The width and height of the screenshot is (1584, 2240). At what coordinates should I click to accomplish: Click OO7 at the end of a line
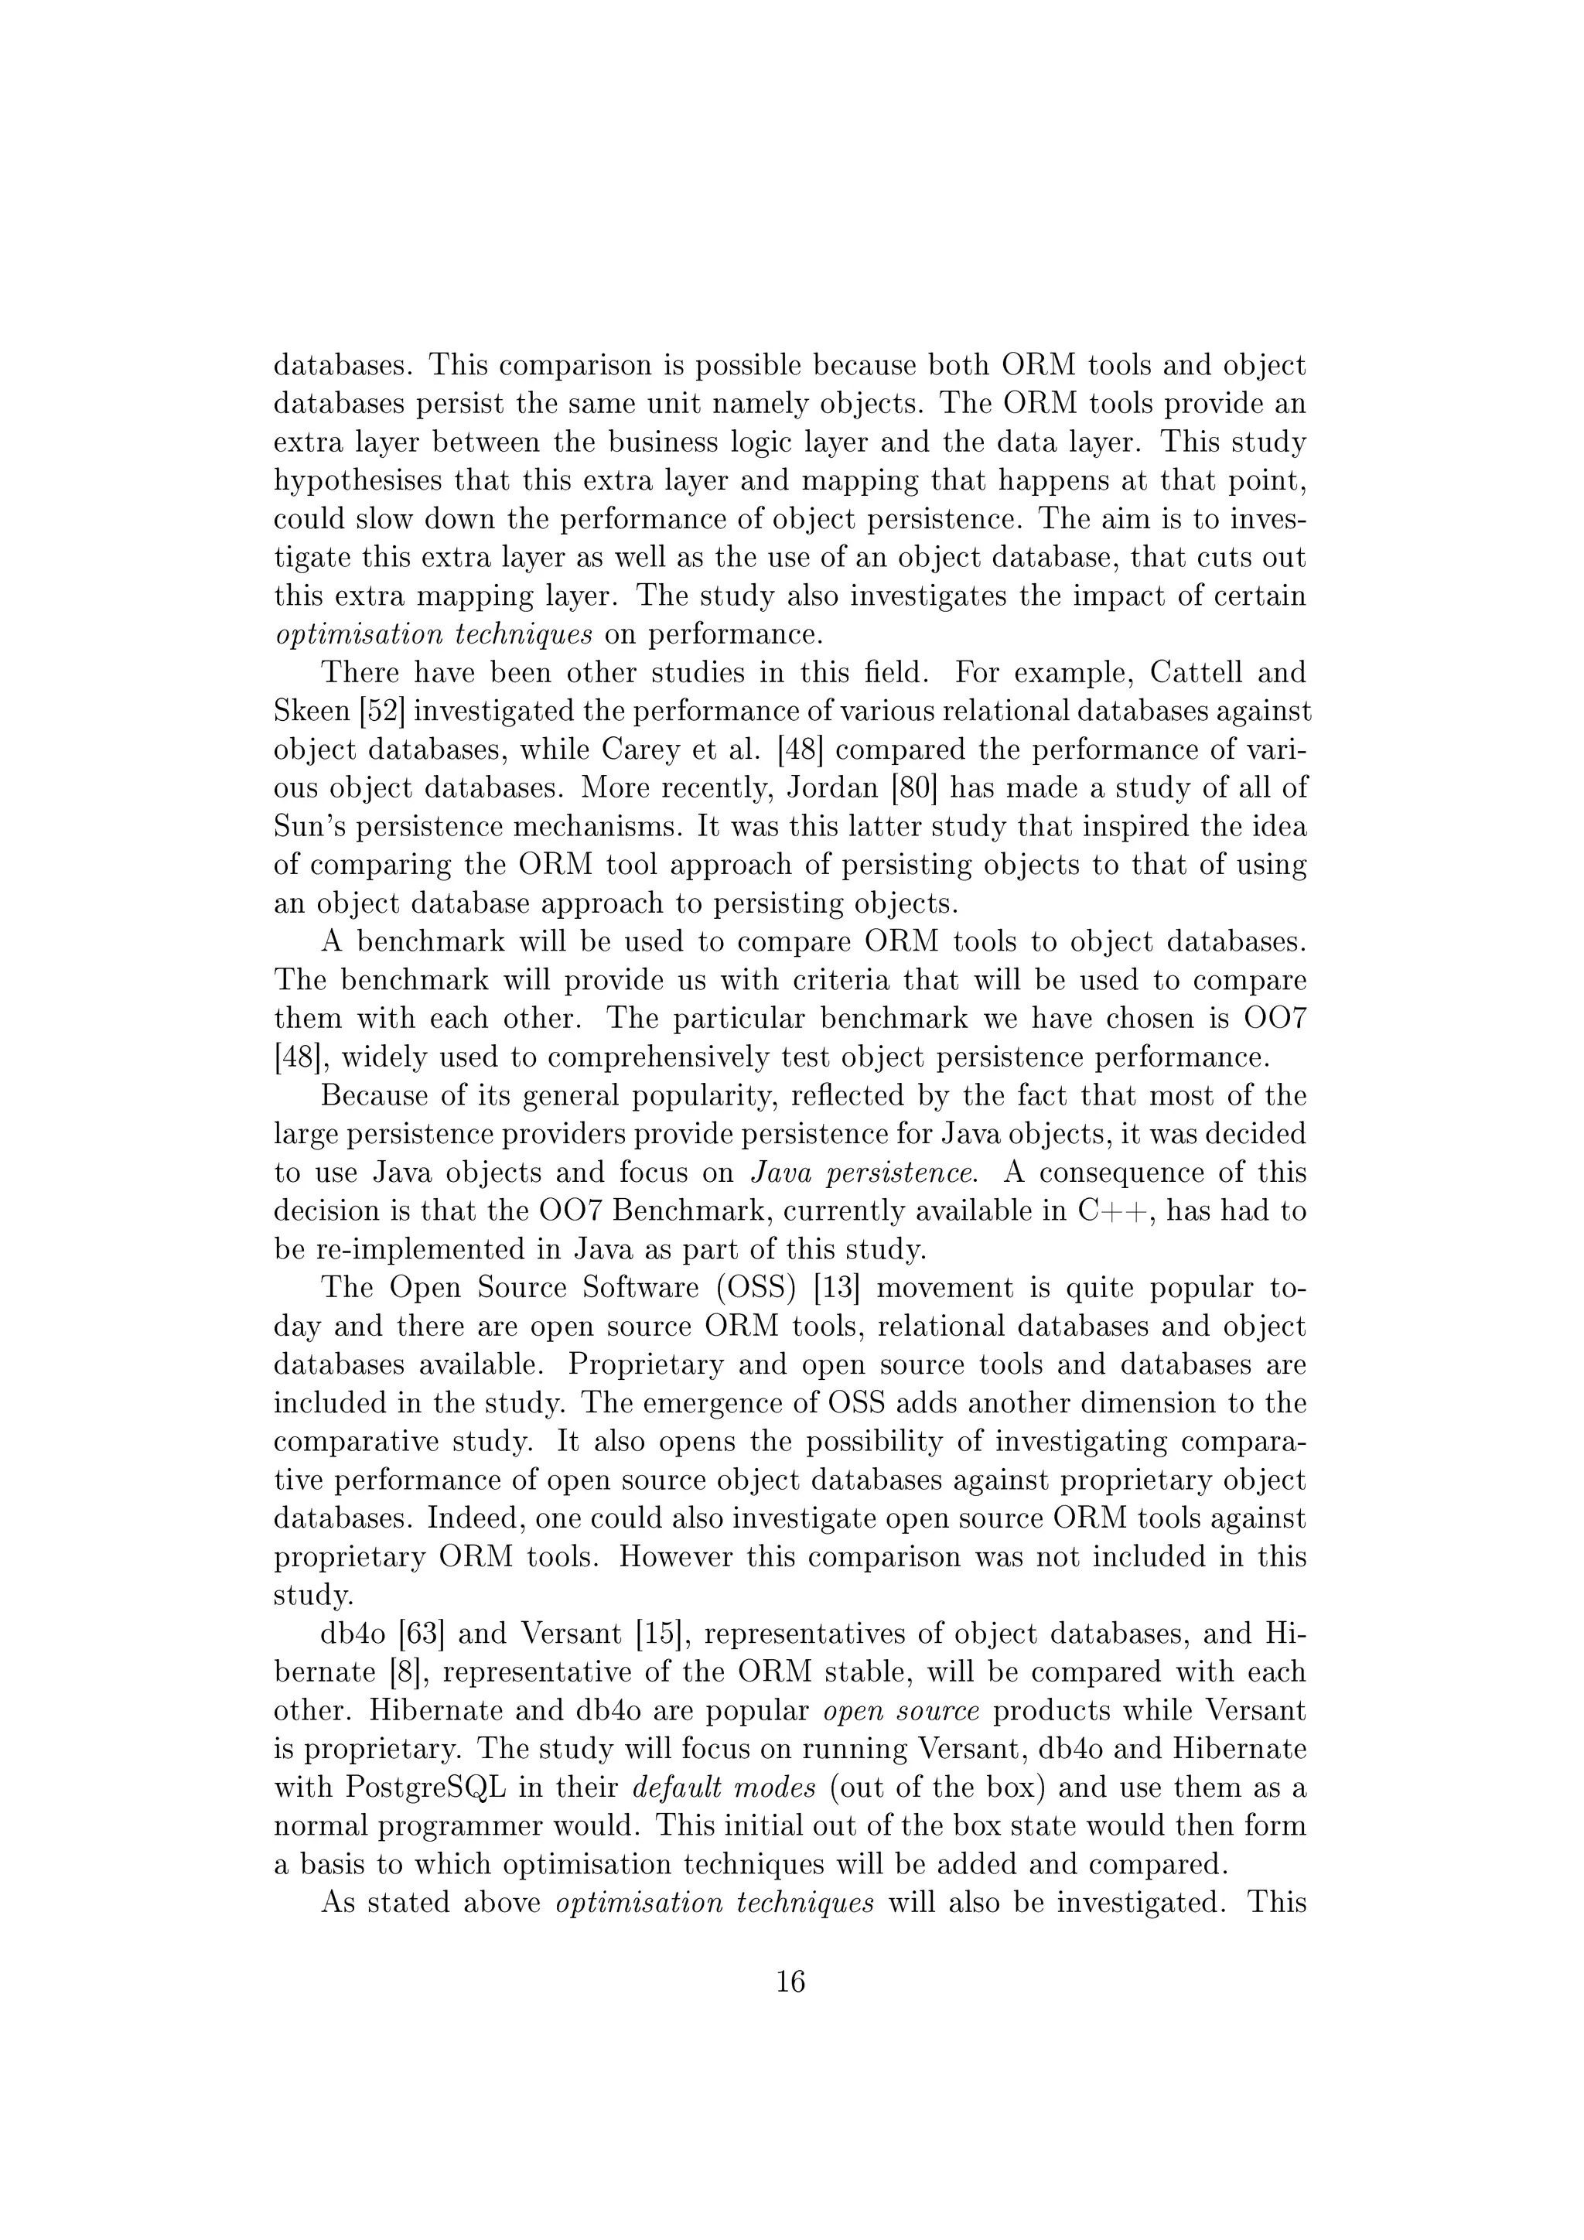1275,1019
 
